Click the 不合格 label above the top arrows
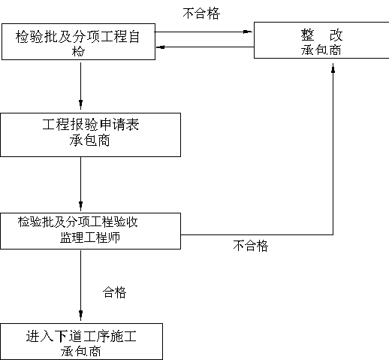pyautogui.click(x=201, y=14)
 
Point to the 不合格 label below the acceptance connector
pyautogui.click(x=251, y=246)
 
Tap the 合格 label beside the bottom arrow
pyautogui.click(x=114, y=292)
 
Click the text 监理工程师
pyautogui.click(x=90, y=237)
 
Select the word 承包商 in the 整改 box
pyautogui.click(x=321, y=50)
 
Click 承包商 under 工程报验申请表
pyautogui.click(x=89, y=141)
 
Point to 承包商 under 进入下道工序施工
pyautogui.click(x=81, y=351)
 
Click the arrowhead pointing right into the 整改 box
pyautogui.click(x=248, y=32)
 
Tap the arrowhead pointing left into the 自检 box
pyautogui.click(x=161, y=47)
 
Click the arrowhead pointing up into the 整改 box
pyautogui.click(x=333, y=68)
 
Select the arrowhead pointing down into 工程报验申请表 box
pyautogui.click(x=80, y=104)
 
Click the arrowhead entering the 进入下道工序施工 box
pyautogui.click(x=80, y=316)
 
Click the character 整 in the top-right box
pyautogui.click(x=307, y=35)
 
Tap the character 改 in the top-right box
pyautogui.click(x=336, y=35)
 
